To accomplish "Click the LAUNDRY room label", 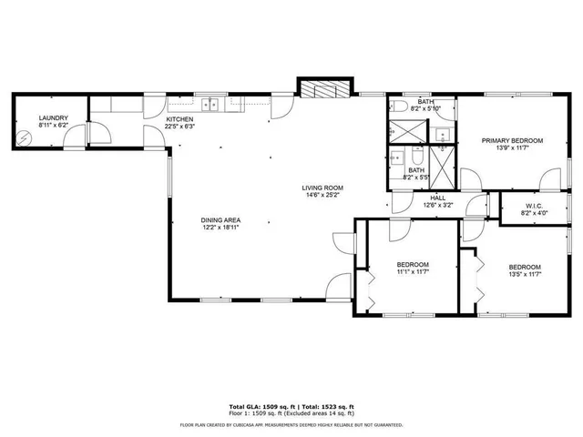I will [x=53, y=118].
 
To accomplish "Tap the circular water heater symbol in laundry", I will [x=26, y=139].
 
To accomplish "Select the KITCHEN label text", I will [x=179, y=119].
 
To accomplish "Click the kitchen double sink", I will [x=211, y=104].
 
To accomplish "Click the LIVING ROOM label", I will [x=322, y=188].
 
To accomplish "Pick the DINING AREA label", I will [x=220, y=220].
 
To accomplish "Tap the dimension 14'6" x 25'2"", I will [x=322, y=196].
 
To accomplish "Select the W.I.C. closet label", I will [x=534, y=206].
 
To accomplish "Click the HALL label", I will [x=437, y=198].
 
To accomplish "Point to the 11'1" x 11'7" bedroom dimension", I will [x=413, y=271].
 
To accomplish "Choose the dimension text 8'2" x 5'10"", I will [x=425, y=108].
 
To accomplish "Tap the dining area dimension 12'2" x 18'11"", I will [x=220, y=228].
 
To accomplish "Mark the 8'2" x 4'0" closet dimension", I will [x=534, y=213].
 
